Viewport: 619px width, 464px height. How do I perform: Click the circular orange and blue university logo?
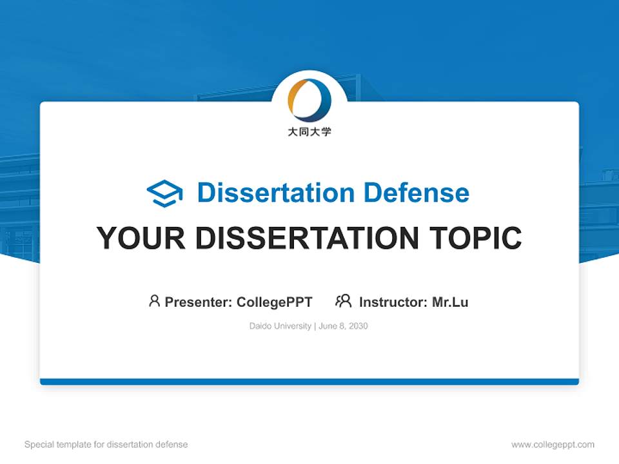[x=309, y=100]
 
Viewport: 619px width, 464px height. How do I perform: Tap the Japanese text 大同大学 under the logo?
[x=309, y=132]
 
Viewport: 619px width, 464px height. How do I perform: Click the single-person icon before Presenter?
[x=154, y=301]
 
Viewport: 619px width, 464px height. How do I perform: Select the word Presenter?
[x=199, y=302]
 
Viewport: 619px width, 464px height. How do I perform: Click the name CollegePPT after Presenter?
[x=274, y=302]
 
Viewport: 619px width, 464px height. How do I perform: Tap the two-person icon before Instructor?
[x=343, y=301]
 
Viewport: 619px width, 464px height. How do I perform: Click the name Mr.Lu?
[x=450, y=302]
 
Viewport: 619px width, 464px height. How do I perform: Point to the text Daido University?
[x=280, y=326]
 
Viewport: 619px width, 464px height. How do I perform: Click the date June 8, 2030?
[x=343, y=326]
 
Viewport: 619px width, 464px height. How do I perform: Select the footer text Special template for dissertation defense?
[x=106, y=445]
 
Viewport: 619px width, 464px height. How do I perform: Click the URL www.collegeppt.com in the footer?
[x=553, y=445]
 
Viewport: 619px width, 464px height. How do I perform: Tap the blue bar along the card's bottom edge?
[x=309, y=382]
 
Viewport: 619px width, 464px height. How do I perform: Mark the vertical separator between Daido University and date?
[x=315, y=326]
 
